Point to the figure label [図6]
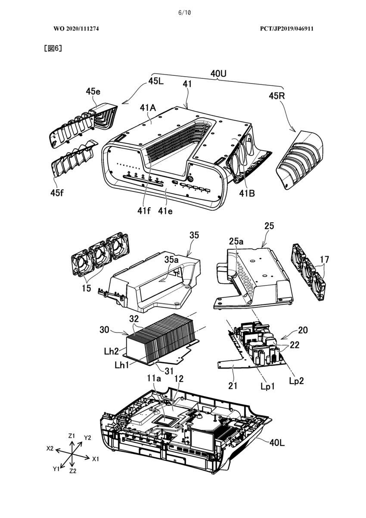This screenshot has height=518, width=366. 53,48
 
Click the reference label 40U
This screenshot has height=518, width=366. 218,74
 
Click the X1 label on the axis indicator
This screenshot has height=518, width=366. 96,459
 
